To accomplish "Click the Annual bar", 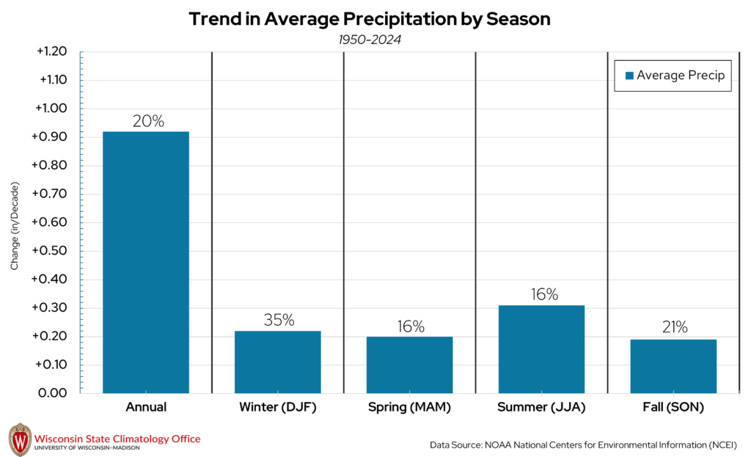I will point(146,262).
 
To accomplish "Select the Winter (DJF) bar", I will point(278,362).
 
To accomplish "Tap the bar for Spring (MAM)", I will point(410,365).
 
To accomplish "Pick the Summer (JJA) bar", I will point(541,348).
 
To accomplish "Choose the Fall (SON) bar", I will point(673,366).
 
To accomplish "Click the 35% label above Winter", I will point(279,321).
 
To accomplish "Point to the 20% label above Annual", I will point(147,121).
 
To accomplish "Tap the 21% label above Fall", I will point(673,328).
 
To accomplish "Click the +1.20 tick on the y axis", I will point(51,52).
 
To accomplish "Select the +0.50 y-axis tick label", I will point(51,251).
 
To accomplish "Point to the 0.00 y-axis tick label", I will point(54,393).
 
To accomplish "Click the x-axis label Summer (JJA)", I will point(541,407).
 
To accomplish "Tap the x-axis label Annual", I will point(146,407).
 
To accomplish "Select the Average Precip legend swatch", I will point(629,76).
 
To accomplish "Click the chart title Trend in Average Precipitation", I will point(370,19).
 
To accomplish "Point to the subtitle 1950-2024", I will point(370,40).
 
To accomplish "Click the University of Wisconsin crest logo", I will point(20,440).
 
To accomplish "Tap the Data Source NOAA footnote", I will point(584,445).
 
